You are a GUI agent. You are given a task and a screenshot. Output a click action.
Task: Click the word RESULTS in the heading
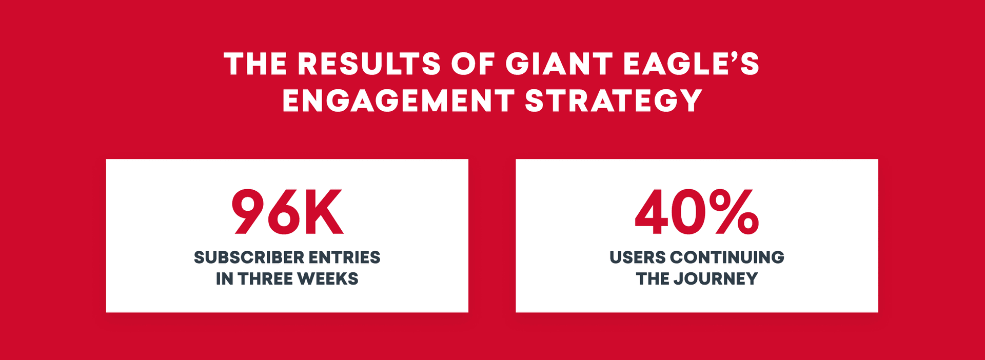coord(369,64)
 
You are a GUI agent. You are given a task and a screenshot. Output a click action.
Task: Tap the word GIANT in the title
coord(558,64)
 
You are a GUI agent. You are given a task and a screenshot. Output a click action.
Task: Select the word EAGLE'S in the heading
coord(691,64)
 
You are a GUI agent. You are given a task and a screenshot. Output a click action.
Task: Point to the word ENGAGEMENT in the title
coord(398,101)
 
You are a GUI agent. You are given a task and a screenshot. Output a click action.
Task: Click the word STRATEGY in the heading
coord(614,101)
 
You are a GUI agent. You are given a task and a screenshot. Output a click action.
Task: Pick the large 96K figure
coord(287,212)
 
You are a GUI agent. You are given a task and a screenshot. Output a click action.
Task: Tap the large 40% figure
coord(697,212)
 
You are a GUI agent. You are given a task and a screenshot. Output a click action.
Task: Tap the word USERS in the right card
coord(638,257)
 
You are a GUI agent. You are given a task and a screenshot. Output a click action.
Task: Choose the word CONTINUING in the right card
coord(727,257)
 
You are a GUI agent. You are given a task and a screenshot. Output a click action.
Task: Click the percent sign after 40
coord(734,212)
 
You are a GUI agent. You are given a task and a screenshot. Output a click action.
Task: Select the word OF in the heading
coord(473,64)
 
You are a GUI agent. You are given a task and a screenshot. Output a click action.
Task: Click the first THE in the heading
coord(255,64)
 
